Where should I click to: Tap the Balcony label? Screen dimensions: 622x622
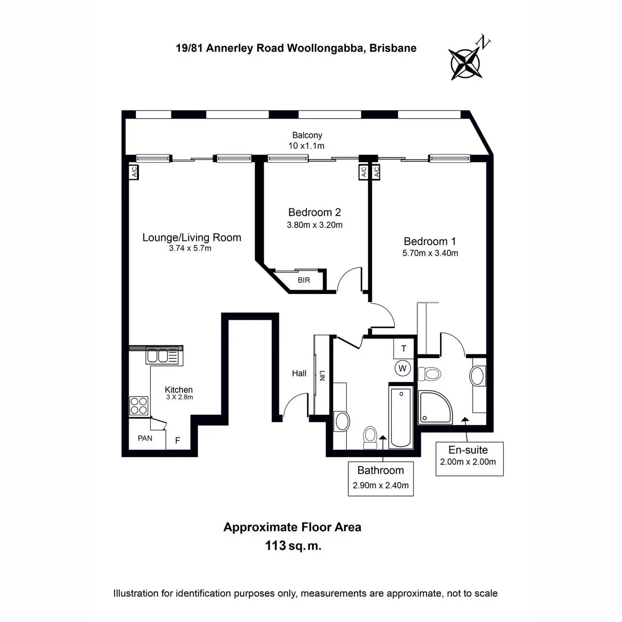point(307,135)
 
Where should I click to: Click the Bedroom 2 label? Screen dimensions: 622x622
point(315,212)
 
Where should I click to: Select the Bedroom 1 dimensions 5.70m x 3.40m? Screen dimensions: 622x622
point(430,253)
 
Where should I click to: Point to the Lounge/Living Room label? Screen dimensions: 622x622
point(192,237)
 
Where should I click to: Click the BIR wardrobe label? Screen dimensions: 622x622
point(304,280)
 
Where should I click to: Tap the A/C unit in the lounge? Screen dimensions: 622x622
point(134,172)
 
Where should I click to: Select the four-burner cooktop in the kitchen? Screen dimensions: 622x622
point(139,406)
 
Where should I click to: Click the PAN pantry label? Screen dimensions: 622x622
point(145,438)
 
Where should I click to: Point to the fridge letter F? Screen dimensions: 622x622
point(178,440)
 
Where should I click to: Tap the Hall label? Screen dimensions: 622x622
point(299,373)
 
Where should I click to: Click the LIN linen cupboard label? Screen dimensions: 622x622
point(322,376)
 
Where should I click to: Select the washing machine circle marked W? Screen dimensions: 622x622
point(403,368)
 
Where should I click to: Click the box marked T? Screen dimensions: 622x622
point(403,348)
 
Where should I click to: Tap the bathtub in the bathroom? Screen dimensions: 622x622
point(401,418)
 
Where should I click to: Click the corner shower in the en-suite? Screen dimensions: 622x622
point(435,408)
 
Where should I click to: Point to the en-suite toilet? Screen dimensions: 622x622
point(430,374)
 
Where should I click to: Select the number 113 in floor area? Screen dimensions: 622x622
point(275,545)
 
